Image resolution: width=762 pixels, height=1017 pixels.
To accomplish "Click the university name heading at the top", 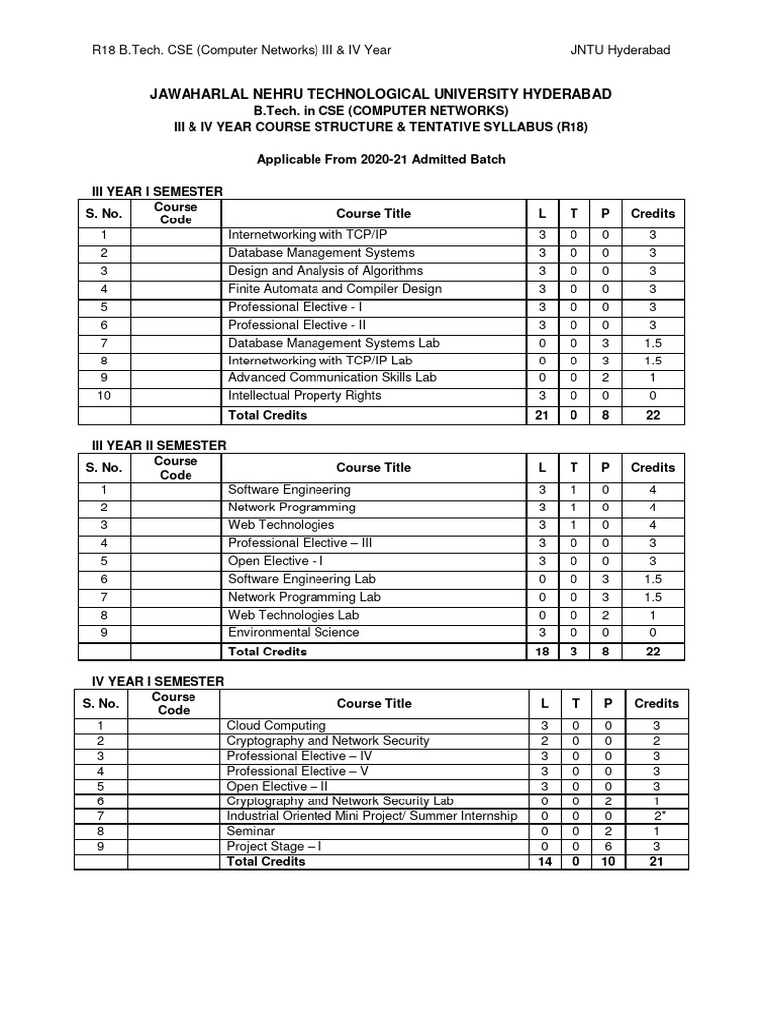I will pos(380,94).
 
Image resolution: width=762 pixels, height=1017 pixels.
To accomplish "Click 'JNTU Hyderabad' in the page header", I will pos(627,51).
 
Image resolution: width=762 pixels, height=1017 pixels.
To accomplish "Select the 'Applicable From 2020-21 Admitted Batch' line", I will pos(381,159).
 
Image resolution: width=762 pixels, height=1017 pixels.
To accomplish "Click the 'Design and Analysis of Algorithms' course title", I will pos(325,271).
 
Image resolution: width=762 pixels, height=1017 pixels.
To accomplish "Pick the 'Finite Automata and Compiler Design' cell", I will pos(334,289).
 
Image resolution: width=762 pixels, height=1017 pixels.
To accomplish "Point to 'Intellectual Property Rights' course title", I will pos(305,396).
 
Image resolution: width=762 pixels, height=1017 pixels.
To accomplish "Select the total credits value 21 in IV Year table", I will pos(656,862).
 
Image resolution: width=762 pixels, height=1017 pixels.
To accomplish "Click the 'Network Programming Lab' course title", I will pos(305,597).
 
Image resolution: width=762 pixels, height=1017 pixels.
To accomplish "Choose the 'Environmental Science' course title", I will pos(294,633).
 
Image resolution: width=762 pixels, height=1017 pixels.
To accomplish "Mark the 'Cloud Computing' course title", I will pos(276,726).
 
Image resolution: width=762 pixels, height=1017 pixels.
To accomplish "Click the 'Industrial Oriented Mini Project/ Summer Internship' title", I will pos(372,816).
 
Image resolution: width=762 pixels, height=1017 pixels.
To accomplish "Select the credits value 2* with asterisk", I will pos(656,816).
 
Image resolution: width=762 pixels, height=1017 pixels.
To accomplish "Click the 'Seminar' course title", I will pos(251,831).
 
